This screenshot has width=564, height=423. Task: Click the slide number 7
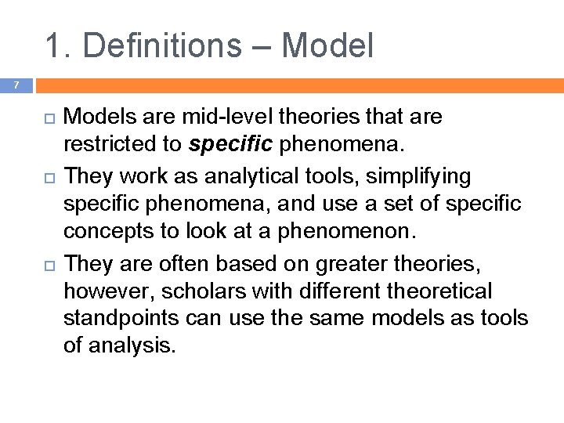pyautogui.click(x=14, y=84)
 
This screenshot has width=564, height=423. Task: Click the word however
pyautogui.click(x=107, y=291)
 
